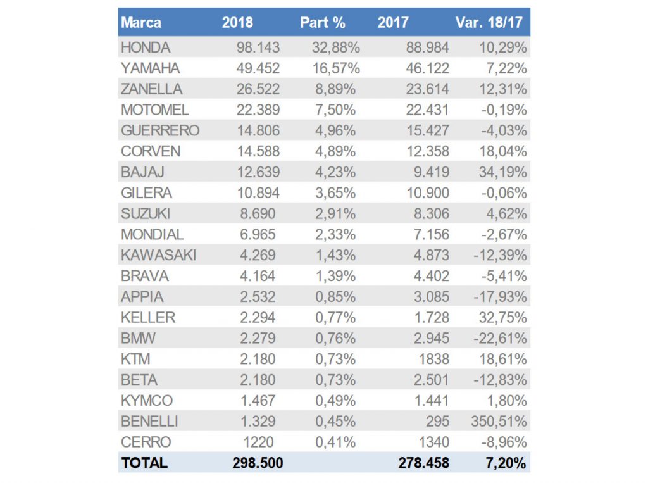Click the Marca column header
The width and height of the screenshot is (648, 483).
[141, 23]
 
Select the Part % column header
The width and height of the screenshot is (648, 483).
[323, 23]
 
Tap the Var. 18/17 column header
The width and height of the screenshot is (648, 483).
[489, 23]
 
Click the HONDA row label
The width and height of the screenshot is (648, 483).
[146, 47]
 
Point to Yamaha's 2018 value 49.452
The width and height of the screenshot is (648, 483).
[256, 68]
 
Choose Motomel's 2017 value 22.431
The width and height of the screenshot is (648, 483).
[424, 110]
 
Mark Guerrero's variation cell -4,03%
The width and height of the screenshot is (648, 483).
[503, 131]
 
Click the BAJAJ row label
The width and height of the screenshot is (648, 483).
[143, 172]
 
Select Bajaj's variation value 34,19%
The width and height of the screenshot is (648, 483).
[503, 172]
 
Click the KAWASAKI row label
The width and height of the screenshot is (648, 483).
[158, 255]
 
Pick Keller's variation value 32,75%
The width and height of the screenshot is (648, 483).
[503, 318]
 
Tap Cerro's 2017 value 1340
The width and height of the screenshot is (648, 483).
[434, 442]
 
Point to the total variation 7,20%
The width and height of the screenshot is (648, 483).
[506, 463]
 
